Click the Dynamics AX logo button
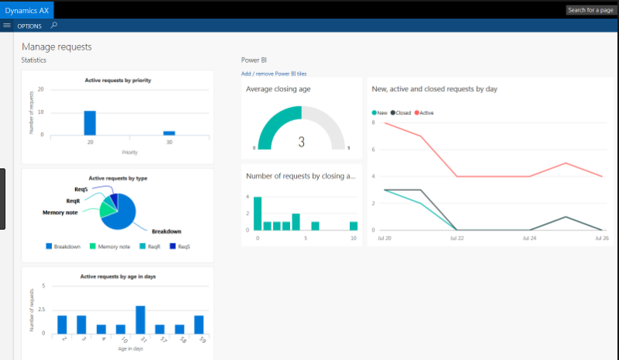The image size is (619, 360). pyautogui.click(x=27, y=9)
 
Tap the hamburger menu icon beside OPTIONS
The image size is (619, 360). pyautogui.click(x=7, y=26)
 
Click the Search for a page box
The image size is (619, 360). pyautogui.click(x=592, y=10)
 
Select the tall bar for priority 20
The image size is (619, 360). pyautogui.click(x=90, y=123)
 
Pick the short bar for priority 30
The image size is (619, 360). pyautogui.click(x=168, y=133)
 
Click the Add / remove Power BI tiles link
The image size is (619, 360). pyautogui.click(x=274, y=74)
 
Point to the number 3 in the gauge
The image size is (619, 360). pyautogui.click(x=301, y=142)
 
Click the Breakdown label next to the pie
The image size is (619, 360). pyautogui.click(x=167, y=231)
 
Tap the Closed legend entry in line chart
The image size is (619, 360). pyautogui.click(x=400, y=112)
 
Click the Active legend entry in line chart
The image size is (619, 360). pyautogui.click(x=424, y=112)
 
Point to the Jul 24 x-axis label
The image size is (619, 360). pyautogui.click(x=529, y=237)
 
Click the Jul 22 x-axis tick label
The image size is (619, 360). pyautogui.click(x=457, y=237)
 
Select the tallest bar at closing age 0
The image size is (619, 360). pyautogui.click(x=258, y=213)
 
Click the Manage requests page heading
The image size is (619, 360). pyautogui.click(x=57, y=47)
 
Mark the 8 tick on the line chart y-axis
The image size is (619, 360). pyautogui.click(x=374, y=123)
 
